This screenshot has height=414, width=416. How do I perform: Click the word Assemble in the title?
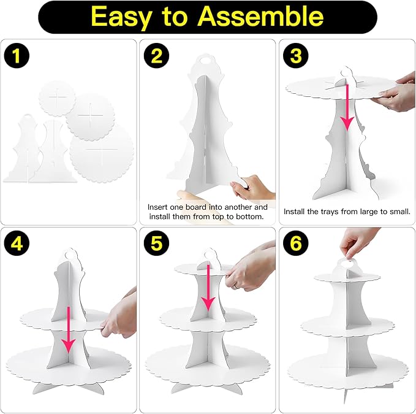tap(260, 16)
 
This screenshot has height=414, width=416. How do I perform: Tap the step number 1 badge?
tap(17, 55)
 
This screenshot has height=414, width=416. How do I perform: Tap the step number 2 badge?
tap(156, 55)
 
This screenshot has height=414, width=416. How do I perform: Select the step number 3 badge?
tap(295, 55)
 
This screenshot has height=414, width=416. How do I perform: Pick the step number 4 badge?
tap(17, 243)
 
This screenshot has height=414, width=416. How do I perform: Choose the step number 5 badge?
tap(156, 243)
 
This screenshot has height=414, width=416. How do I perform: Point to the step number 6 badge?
tap(295, 243)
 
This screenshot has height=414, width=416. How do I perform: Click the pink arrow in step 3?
tap(347, 107)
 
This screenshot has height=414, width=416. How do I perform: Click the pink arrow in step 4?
tap(69, 330)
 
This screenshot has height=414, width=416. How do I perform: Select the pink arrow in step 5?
tap(208, 288)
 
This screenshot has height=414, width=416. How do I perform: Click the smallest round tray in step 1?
tap(57, 98)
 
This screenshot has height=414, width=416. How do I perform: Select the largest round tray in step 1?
tap(102, 153)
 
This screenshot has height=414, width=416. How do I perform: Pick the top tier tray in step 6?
tap(347, 277)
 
